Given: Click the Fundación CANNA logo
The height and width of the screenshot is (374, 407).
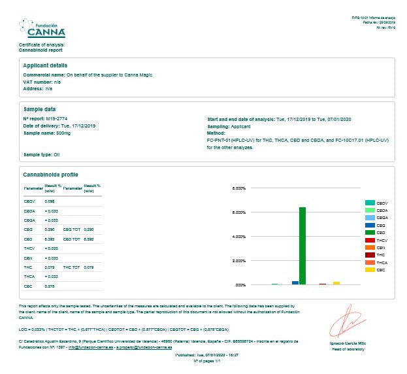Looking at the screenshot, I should pyautogui.click(x=42, y=28).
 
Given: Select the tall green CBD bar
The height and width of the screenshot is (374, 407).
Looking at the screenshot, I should pyautogui.click(x=302, y=245).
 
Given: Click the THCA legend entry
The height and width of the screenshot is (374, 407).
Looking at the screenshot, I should pyautogui.click(x=378, y=262).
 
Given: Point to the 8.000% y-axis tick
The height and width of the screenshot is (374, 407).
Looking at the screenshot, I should pyautogui.click(x=239, y=188).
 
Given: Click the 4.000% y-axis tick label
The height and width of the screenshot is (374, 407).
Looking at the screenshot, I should pyautogui.click(x=239, y=237).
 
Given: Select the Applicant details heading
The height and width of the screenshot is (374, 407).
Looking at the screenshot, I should pyautogui.click(x=45, y=65).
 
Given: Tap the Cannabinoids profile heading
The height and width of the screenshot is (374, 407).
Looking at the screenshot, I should pyautogui.click(x=50, y=175).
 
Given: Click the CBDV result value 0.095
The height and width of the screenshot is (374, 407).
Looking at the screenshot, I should pyautogui.click(x=50, y=202).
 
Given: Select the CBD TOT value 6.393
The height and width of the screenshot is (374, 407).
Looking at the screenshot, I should pyautogui.click(x=89, y=239).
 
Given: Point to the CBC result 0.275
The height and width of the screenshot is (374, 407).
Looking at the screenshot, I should pyautogui.click(x=50, y=286).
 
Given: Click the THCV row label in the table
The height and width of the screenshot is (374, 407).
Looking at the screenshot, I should pyautogui.click(x=29, y=248).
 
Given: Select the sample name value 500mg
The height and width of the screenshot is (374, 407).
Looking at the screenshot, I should pyautogui.click(x=63, y=133).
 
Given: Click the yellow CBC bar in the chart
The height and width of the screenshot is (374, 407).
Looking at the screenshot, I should pyautogui.click(x=336, y=283).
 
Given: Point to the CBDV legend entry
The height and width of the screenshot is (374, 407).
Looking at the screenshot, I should pyautogui.click(x=378, y=203).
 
